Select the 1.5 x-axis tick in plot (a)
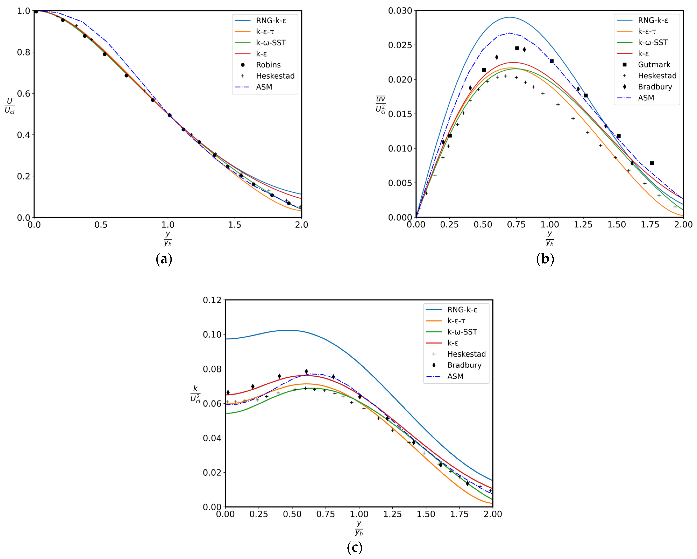(x=235, y=224)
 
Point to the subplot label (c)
(x=355, y=547)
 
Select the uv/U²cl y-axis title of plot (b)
(x=380, y=104)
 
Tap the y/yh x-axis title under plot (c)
(x=359, y=528)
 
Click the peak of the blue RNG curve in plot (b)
(x=510, y=17)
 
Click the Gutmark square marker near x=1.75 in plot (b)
(x=652, y=163)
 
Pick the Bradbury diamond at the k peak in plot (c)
(x=306, y=371)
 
